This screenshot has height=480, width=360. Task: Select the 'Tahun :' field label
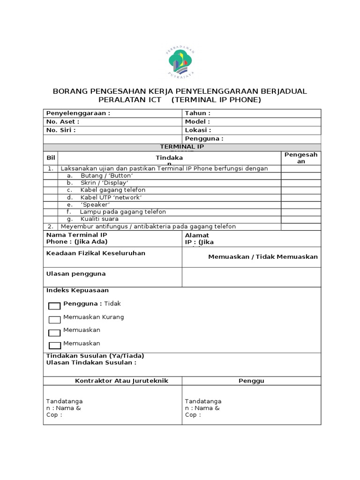pyautogui.click(x=197, y=113)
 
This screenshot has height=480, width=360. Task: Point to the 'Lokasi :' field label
pyautogui.click(x=198, y=130)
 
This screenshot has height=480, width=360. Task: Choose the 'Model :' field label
pyautogui.click(x=197, y=121)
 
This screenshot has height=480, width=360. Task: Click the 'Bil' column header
pyautogui.click(x=51, y=158)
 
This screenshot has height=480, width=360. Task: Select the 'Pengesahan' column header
pyautogui.click(x=301, y=158)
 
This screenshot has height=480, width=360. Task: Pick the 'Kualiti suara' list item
pyautogui.click(x=99, y=219)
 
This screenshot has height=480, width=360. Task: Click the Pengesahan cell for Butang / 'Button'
pyautogui.click(x=301, y=176)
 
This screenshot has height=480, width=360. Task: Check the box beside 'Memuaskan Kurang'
pyautogui.click(x=55, y=320)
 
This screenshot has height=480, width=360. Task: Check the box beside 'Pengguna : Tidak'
pyautogui.click(x=55, y=306)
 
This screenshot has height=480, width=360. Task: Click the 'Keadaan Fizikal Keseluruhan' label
pyautogui.click(x=96, y=253)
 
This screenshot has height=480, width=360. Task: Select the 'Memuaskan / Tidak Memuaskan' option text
pyautogui.click(x=263, y=256)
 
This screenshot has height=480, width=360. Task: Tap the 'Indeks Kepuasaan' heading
pyautogui.click(x=77, y=291)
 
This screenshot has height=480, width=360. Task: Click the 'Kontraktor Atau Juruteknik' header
pyautogui.click(x=121, y=381)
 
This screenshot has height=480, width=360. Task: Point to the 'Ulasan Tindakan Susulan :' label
pyautogui.click(x=91, y=362)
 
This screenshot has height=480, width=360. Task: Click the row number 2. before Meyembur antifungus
pyautogui.click(x=50, y=226)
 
